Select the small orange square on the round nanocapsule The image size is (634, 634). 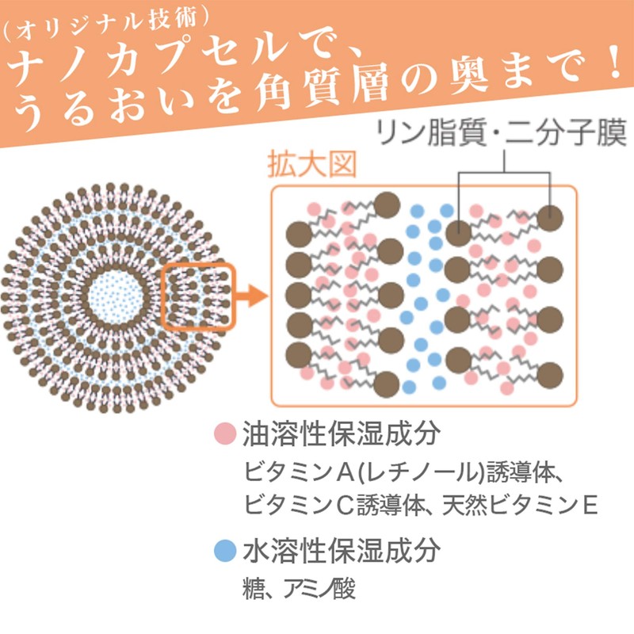pos(199,297)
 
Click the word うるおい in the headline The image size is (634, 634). pos(102,110)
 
